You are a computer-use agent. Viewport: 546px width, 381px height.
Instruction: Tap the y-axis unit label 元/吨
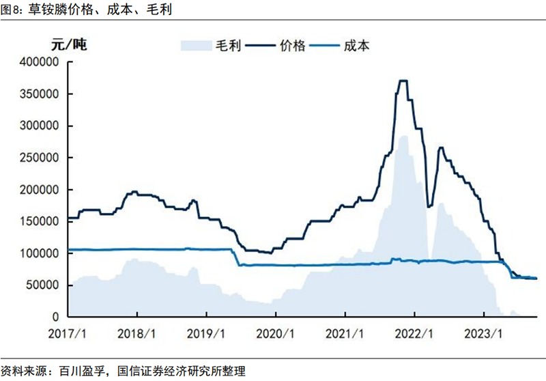click(70, 46)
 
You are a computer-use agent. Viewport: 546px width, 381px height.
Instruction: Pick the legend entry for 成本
click(356, 46)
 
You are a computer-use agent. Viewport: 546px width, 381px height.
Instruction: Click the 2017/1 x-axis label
click(68, 335)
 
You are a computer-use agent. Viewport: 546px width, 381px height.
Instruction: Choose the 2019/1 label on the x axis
click(206, 335)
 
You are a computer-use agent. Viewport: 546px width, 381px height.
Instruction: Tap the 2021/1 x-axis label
click(345, 335)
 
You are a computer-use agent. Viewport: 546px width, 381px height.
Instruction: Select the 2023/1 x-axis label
click(483, 335)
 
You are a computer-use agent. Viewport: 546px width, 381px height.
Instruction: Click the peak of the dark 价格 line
click(403, 81)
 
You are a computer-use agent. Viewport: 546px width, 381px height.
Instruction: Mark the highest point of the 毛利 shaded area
click(403, 137)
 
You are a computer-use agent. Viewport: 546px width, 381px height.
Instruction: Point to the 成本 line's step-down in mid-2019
click(237, 257)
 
